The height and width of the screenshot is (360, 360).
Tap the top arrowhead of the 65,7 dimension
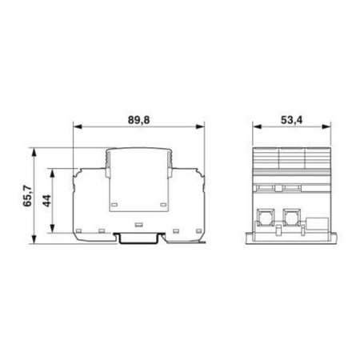pos(34,149)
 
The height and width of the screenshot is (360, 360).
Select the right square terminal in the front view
pos(290,216)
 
